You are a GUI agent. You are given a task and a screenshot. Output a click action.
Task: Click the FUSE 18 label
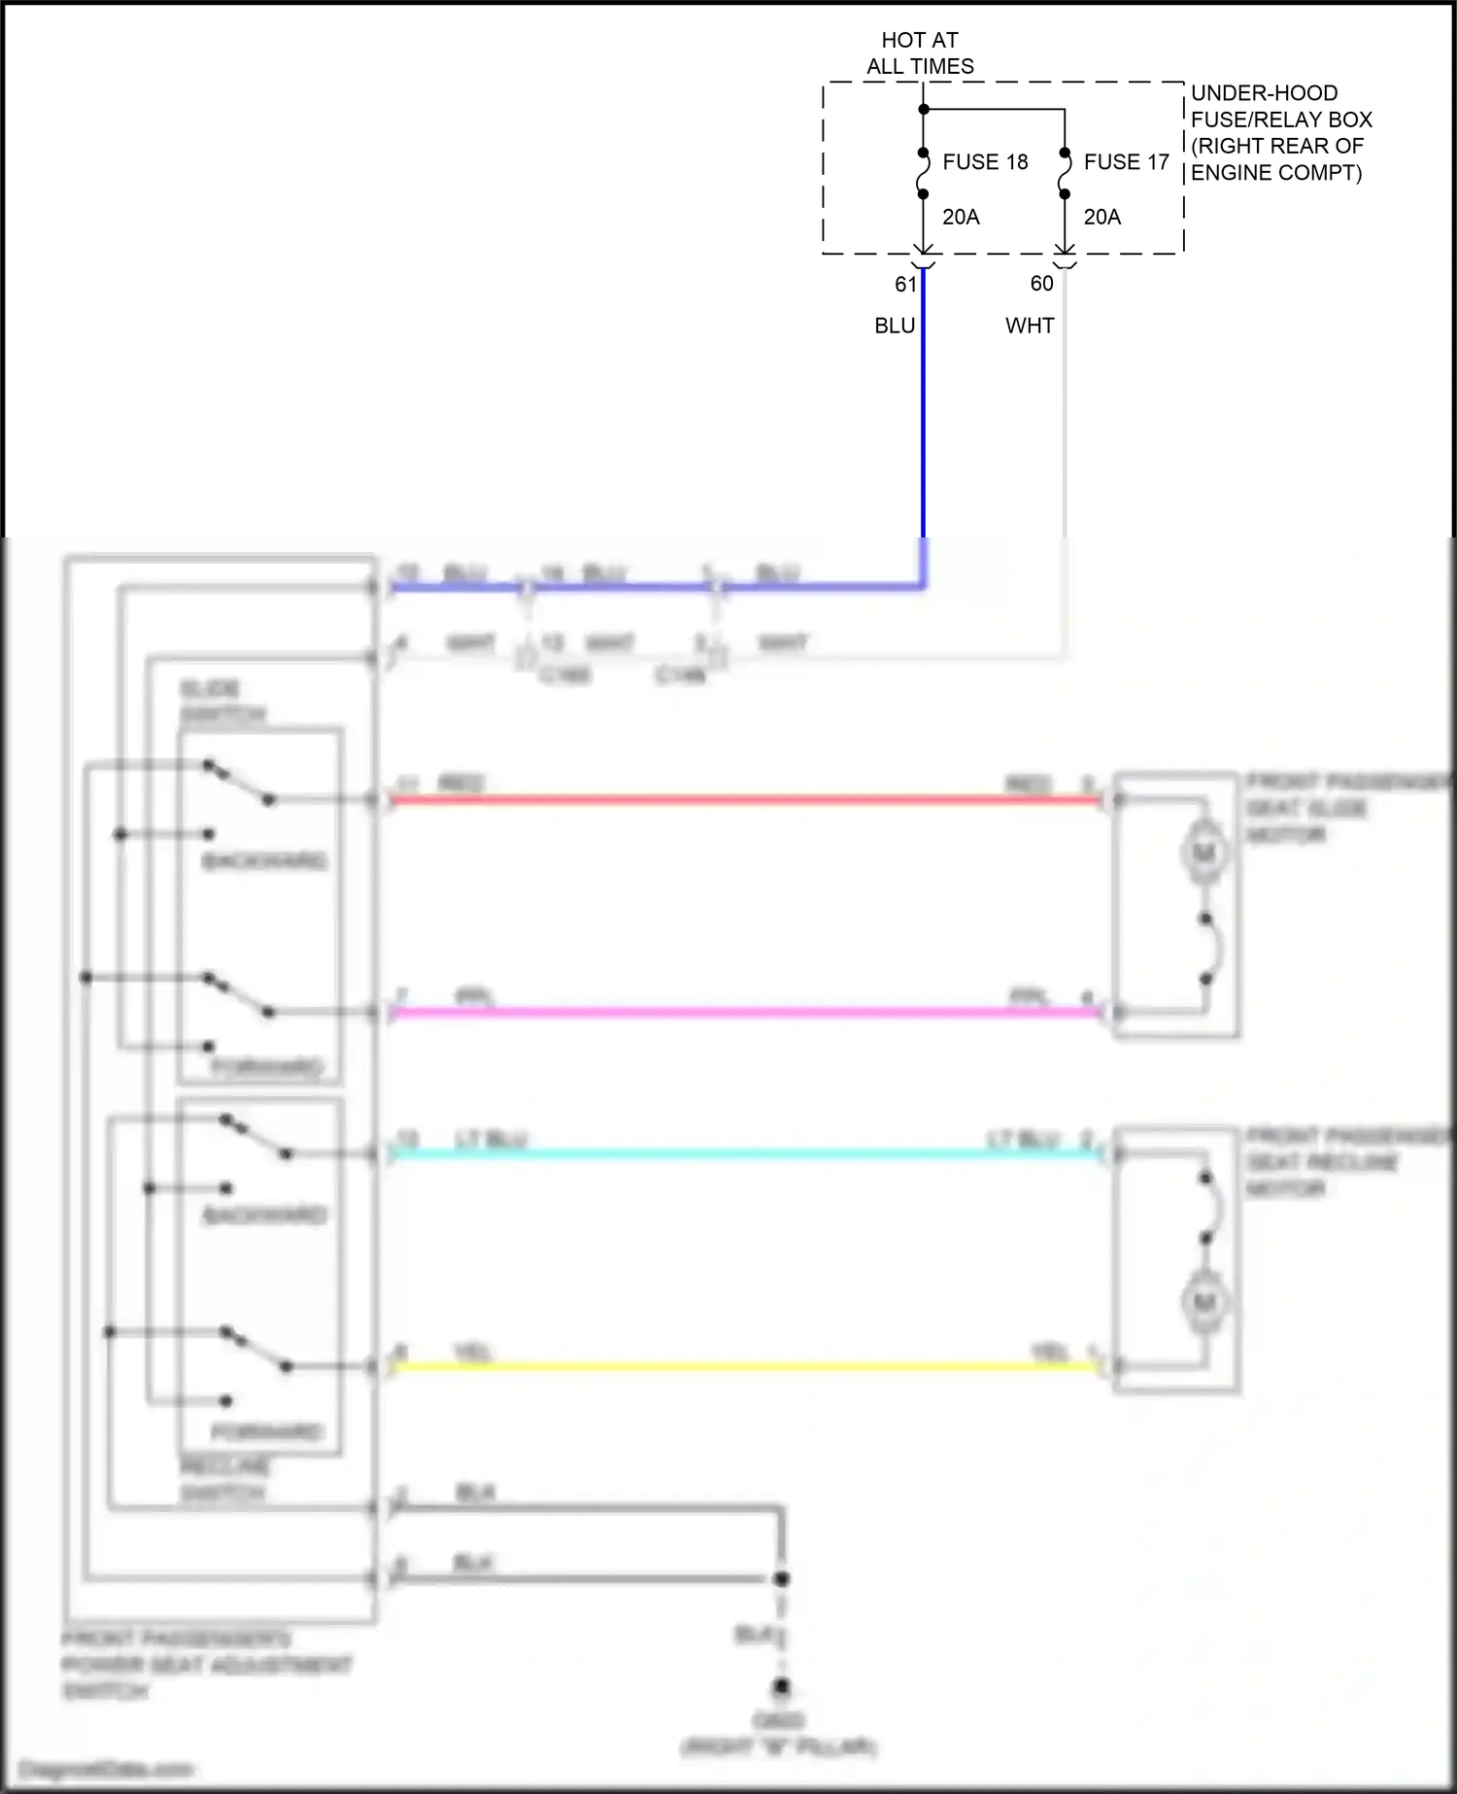point(985,162)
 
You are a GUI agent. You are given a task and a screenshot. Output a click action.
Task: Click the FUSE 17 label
point(1126,162)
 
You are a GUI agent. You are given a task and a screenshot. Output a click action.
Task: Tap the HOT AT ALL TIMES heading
point(920,53)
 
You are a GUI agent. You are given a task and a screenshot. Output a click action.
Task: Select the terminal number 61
point(905,284)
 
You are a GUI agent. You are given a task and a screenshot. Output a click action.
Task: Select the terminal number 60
point(1041,284)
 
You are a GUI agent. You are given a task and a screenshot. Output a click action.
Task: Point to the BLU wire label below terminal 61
point(895,326)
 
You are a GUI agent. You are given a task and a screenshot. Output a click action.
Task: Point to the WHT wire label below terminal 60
point(1030,326)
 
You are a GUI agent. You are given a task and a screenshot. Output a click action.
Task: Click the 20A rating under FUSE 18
point(961,218)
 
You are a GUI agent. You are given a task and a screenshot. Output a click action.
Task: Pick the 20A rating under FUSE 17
point(1101,218)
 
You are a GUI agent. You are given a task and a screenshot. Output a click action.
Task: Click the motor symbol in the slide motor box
point(1204,853)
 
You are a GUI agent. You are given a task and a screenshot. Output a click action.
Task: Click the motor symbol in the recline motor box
point(1204,1301)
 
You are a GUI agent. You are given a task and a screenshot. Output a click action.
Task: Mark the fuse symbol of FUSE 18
point(924,173)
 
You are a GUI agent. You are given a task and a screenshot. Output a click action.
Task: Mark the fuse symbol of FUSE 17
point(1065,173)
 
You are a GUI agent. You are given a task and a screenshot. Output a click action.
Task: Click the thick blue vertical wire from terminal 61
point(923,408)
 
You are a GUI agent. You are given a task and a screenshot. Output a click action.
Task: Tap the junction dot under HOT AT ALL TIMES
point(924,109)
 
